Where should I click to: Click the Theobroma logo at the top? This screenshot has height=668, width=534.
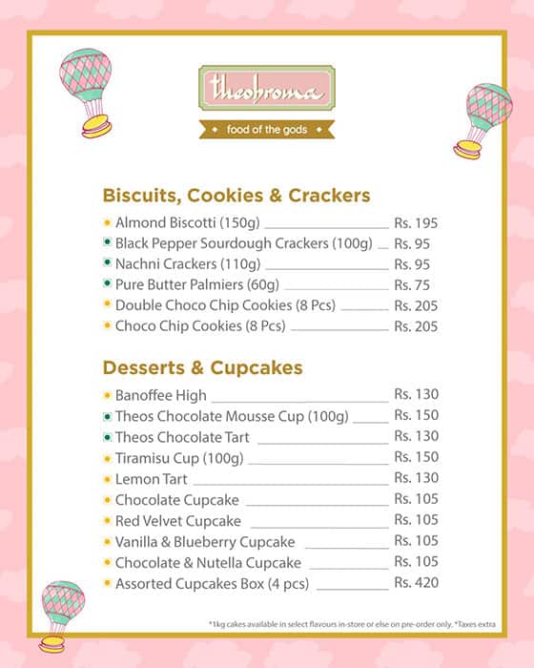[x=266, y=90]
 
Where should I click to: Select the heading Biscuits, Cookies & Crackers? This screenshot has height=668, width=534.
[x=236, y=196]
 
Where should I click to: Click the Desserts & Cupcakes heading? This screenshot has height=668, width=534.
[x=202, y=367]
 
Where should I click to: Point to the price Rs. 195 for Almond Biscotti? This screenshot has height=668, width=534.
[x=416, y=222]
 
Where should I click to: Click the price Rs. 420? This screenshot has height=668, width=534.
[x=416, y=583]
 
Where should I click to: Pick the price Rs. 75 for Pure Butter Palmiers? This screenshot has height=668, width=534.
[x=412, y=284]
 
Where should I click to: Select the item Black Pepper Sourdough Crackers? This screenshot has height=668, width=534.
[x=243, y=243]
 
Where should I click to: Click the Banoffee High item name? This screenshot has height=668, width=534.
[x=160, y=395]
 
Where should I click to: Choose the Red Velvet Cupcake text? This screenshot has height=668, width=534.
[x=177, y=521]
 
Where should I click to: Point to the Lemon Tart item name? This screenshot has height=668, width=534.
[x=151, y=479]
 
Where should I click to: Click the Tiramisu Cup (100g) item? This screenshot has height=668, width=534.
[x=179, y=458]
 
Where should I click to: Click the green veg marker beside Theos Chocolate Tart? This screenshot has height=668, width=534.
[x=107, y=437]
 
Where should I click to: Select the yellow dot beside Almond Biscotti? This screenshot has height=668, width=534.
[x=107, y=222]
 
